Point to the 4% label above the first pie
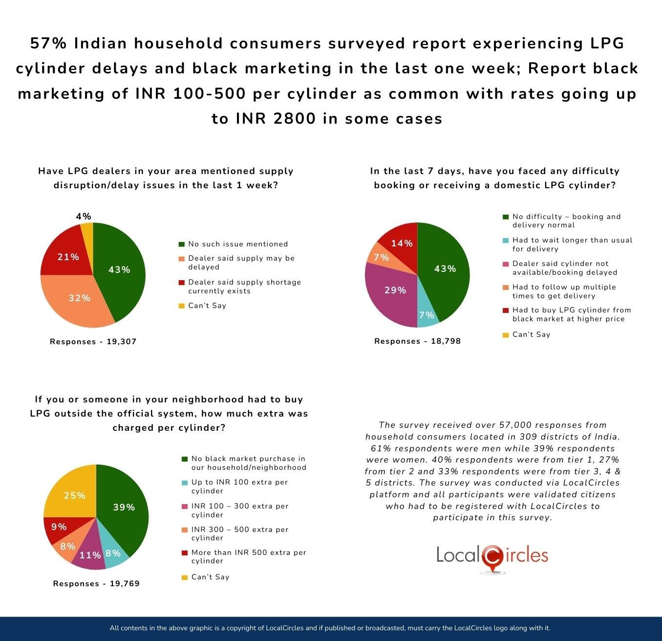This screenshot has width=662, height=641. (x=84, y=216)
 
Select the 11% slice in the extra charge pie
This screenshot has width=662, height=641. (x=90, y=555)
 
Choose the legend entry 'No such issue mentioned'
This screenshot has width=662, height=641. (x=237, y=244)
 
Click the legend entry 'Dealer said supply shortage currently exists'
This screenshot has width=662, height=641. (x=244, y=287)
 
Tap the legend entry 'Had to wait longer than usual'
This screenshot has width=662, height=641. (x=572, y=244)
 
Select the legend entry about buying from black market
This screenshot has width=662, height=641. (x=571, y=314)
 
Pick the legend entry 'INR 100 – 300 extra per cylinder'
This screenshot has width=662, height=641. (x=239, y=510)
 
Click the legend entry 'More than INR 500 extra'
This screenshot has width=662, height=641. (x=248, y=557)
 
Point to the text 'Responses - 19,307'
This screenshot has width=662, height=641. (x=93, y=342)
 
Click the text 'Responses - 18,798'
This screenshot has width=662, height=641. (x=417, y=341)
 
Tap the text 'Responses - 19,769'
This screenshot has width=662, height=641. (x=96, y=584)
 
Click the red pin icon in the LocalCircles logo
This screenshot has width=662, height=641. (x=492, y=557)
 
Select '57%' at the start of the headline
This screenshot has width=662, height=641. (x=48, y=44)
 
